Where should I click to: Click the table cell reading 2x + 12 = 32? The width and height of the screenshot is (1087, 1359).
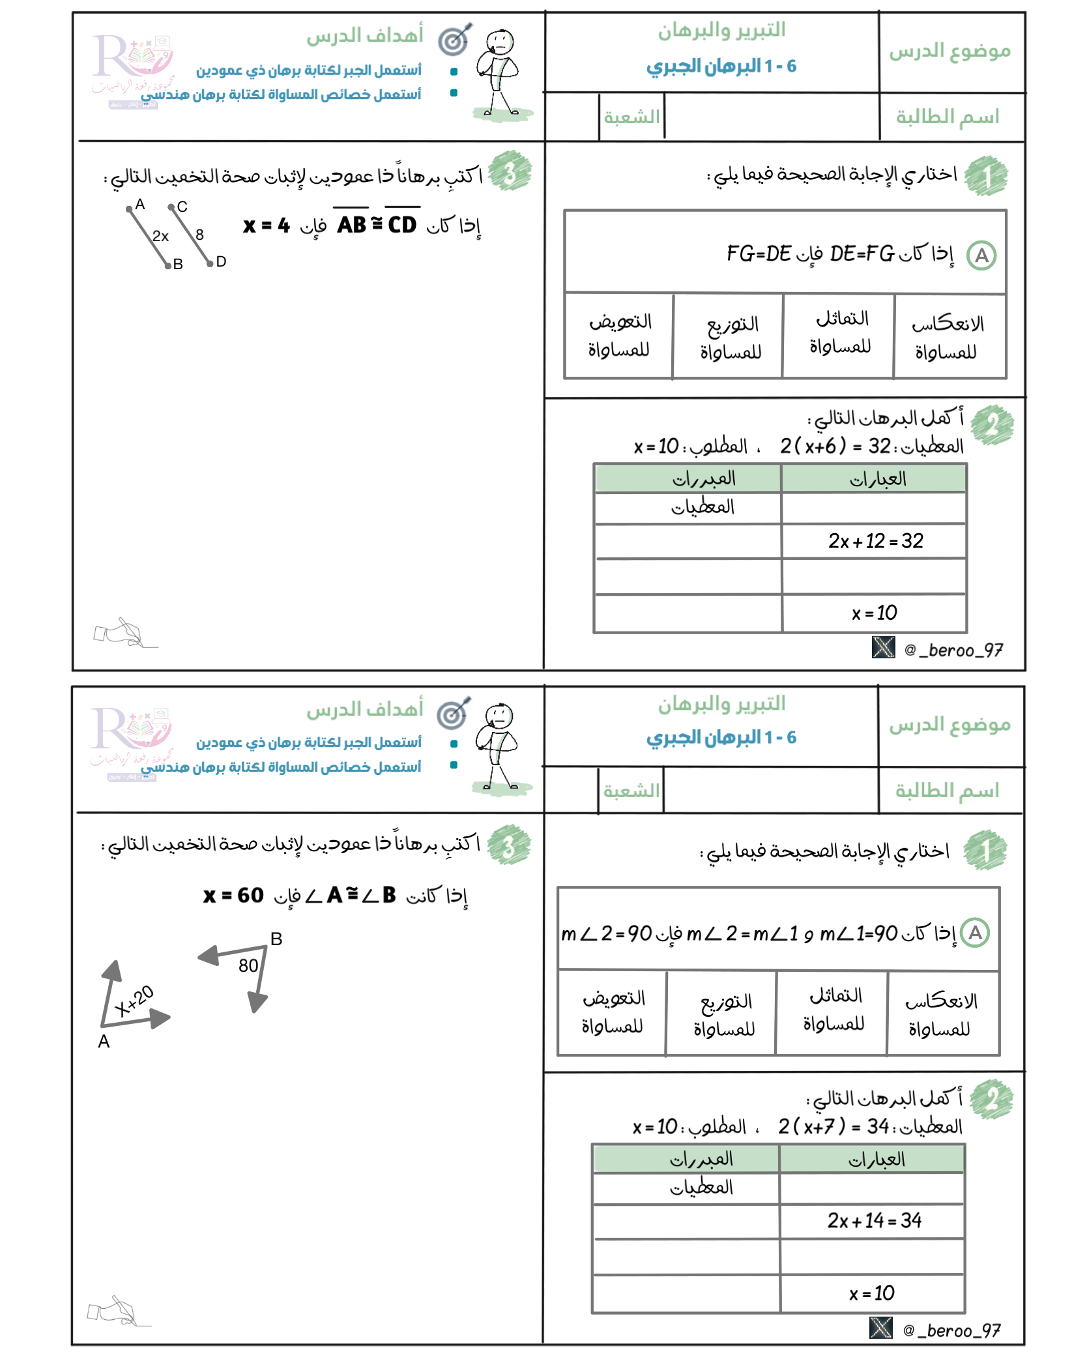[875, 541]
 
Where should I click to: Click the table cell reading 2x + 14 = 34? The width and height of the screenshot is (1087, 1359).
[874, 1220]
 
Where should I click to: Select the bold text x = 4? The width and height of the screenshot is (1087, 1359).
[266, 226]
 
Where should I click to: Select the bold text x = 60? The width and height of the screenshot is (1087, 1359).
[233, 896]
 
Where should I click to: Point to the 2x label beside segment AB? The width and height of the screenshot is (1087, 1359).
[160, 236]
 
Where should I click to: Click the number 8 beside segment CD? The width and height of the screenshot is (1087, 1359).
[199, 235]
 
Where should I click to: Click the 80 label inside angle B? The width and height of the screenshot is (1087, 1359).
[248, 965]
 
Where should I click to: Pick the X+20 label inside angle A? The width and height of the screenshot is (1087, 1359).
[134, 1001]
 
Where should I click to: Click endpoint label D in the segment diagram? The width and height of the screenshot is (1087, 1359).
[221, 262]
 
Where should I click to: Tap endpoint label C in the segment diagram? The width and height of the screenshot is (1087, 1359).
[182, 207]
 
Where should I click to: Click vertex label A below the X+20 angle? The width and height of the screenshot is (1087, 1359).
[104, 1042]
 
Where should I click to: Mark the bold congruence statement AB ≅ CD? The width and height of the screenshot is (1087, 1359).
[377, 225]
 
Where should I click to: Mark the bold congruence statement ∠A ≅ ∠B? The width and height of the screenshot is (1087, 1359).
[351, 896]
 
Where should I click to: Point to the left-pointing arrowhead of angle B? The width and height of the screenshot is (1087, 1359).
[208, 956]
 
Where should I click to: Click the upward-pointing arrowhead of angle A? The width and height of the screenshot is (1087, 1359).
[113, 970]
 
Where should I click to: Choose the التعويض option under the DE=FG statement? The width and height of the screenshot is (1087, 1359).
[619, 336]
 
